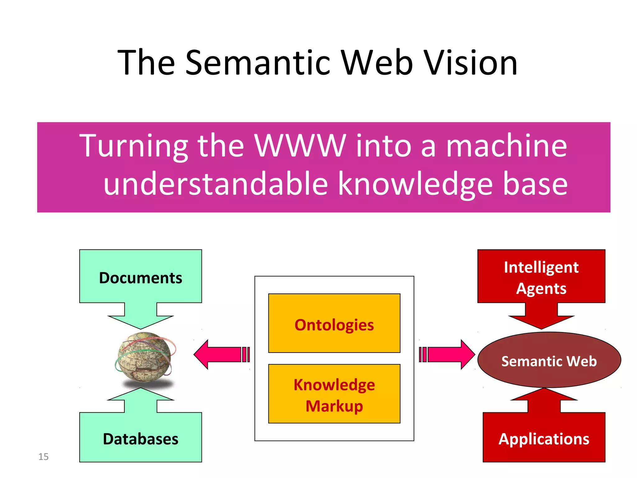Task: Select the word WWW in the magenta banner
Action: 300,146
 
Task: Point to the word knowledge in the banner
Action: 415,184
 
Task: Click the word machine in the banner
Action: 506,146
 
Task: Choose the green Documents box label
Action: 141,278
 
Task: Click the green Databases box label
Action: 141,439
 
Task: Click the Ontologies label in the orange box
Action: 334,325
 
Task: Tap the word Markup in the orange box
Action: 334,406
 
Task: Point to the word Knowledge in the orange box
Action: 334,385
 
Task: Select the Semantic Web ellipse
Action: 549,361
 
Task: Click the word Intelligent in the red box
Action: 541,267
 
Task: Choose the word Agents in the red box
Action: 541,288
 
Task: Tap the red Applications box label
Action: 544,439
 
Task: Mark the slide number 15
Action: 43,457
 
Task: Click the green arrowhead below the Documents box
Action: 141,321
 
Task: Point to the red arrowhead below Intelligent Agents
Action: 541,321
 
